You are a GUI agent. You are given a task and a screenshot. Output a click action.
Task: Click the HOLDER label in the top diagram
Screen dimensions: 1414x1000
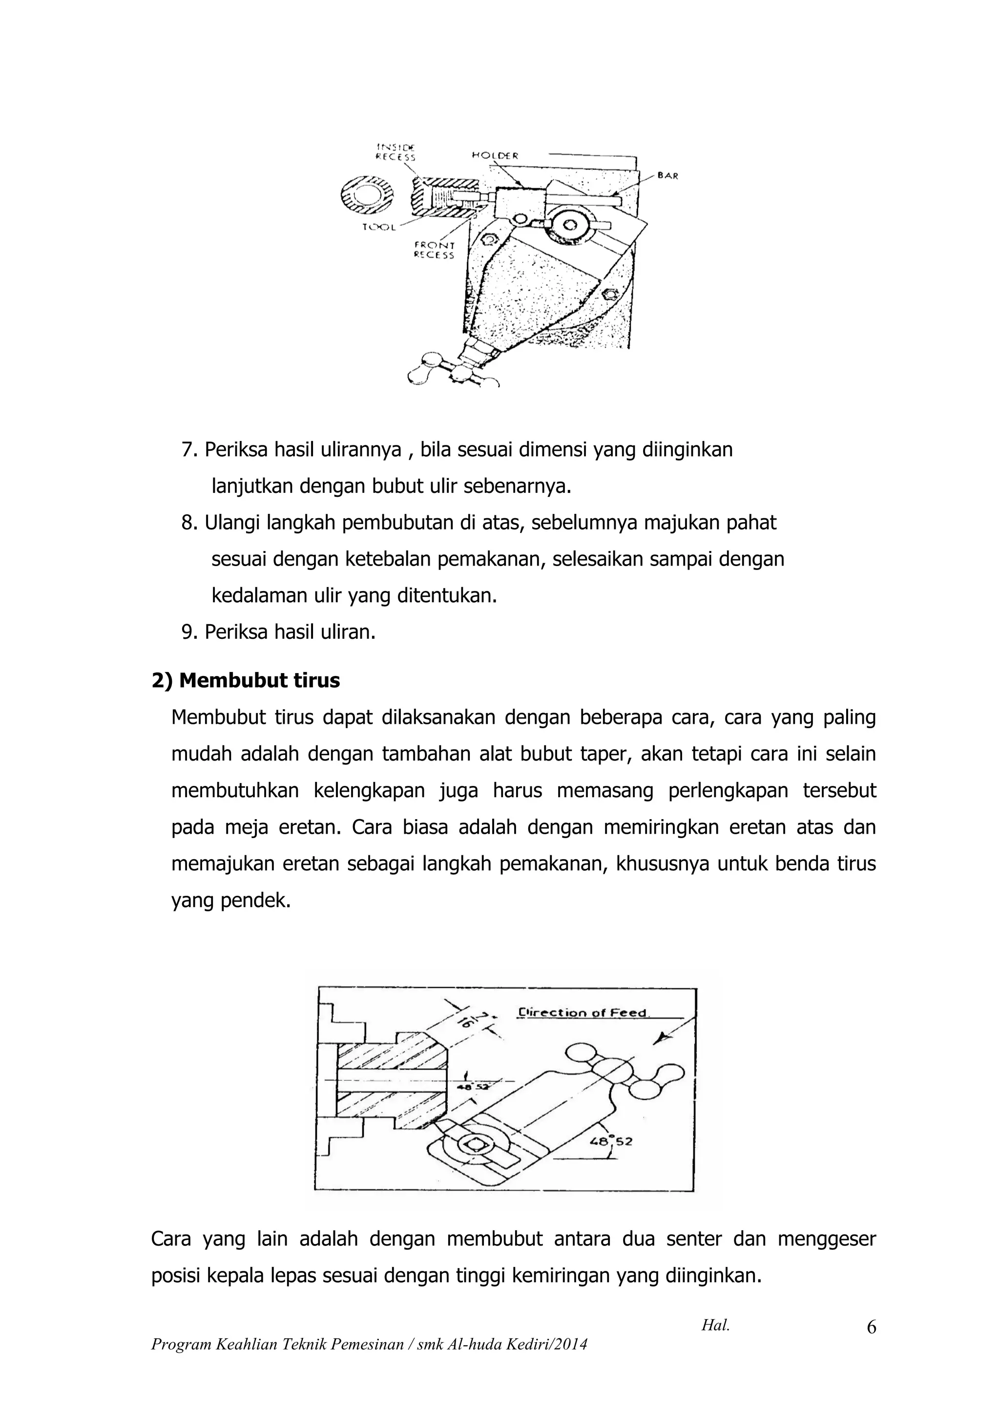tap(495, 156)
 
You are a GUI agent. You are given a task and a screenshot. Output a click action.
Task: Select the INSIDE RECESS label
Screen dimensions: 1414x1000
tap(396, 152)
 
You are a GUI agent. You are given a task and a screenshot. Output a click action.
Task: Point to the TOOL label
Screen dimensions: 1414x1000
tap(379, 227)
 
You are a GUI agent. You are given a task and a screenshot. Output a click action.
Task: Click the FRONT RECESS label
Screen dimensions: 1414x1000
tap(434, 250)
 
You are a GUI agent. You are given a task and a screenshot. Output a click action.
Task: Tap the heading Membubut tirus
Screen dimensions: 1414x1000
tap(246, 680)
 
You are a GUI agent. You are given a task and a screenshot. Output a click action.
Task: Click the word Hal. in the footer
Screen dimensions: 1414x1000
tap(715, 1325)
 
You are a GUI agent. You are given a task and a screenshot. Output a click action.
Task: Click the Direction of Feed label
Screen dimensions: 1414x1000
tap(582, 1013)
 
